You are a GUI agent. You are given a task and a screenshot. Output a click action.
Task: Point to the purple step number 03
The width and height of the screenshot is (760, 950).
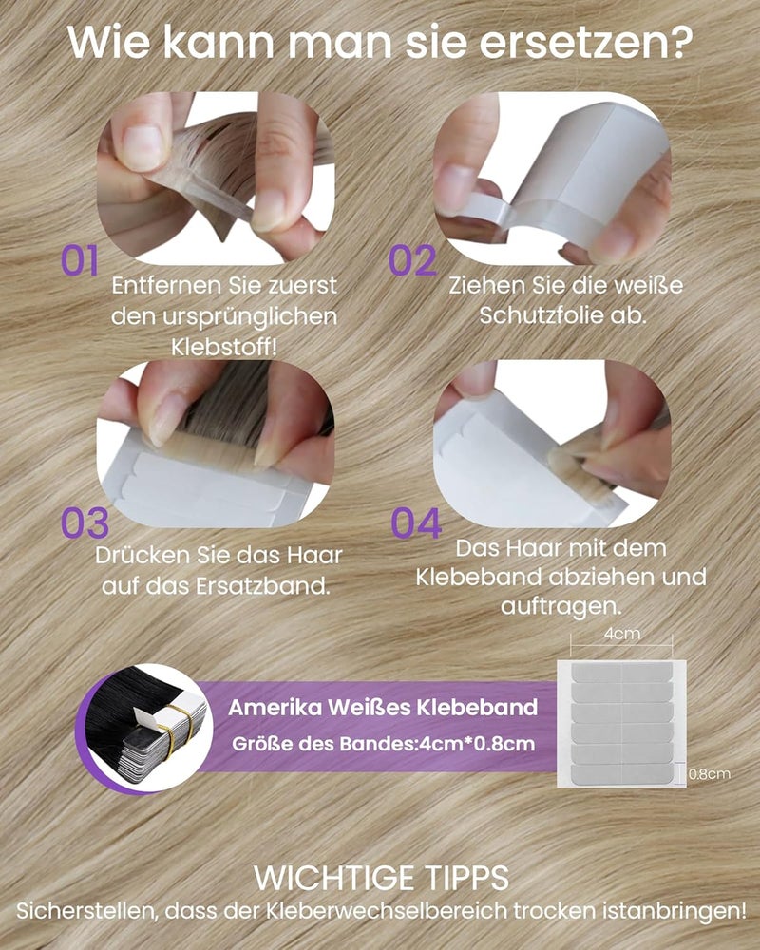(x=85, y=523)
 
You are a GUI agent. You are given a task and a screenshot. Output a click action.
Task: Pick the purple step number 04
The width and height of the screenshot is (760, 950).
(x=416, y=523)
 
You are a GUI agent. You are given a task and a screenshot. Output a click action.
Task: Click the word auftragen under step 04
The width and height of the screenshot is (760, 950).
(x=560, y=606)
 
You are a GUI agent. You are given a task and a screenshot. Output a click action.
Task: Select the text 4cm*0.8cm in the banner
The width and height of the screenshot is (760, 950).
(x=477, y=744)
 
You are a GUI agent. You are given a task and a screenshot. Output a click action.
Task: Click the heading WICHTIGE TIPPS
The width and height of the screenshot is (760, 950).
(x=381, y=877)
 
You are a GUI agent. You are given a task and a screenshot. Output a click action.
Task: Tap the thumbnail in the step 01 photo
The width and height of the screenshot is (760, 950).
(x=142, y=145)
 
